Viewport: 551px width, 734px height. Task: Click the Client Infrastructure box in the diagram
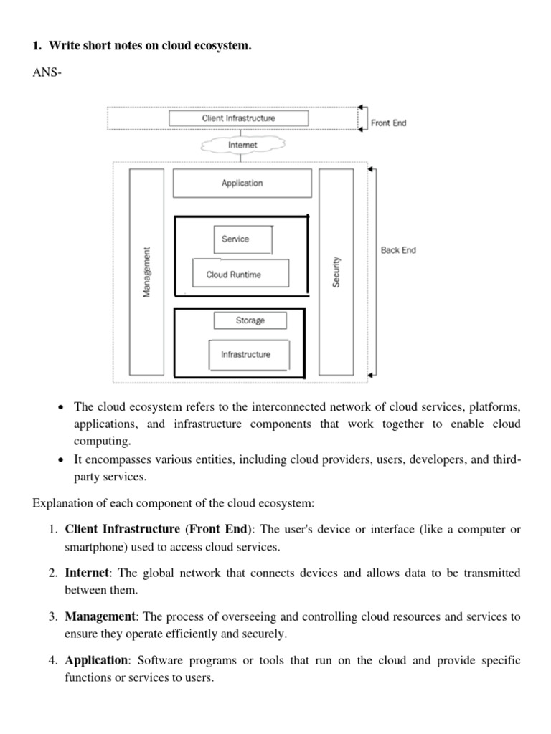point(238,118)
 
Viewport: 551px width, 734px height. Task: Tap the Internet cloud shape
point(242,144)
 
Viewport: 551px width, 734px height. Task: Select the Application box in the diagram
point(242,183)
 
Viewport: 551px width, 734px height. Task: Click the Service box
point(242,239)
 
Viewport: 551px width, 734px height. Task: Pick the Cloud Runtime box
point(240,274)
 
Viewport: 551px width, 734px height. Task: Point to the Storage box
point(250,320)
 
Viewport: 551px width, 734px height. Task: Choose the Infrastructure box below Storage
point(245,354)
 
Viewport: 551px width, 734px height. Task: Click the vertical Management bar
point(147,272)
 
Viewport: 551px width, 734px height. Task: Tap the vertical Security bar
point(336,272)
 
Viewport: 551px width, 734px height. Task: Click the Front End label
point(388,123)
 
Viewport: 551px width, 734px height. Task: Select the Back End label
point(398,250)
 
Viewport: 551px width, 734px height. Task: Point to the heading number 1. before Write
point(37,46)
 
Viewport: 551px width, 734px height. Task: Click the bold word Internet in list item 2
point(87,573)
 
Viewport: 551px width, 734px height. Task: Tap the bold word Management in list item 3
point(100,616)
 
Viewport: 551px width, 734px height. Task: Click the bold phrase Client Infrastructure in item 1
point(123,530)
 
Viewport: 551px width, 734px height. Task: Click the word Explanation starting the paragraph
point(60,502)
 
